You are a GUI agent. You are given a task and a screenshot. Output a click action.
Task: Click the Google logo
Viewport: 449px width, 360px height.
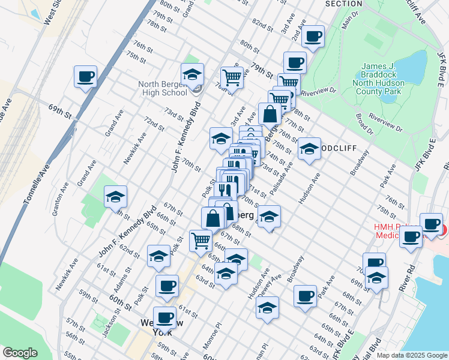coord(20,353)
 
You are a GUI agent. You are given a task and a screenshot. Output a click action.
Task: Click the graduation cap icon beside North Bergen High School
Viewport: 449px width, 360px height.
coord(192,75)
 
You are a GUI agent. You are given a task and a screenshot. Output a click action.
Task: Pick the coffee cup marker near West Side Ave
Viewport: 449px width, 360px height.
coord(85,77)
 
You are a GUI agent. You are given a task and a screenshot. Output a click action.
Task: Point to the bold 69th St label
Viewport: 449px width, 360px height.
coord(60,111)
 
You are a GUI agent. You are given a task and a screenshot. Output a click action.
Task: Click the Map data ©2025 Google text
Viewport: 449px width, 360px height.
coord(411,355)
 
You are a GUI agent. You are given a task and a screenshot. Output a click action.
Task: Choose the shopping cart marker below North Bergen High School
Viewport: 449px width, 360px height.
coord(200,241)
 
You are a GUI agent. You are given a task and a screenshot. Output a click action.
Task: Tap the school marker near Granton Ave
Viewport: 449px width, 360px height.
coord(115,197)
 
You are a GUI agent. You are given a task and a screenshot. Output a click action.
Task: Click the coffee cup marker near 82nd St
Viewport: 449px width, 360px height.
coord(313,37)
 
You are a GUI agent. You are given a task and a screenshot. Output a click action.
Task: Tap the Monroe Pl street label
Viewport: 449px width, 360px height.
coord(215,332)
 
